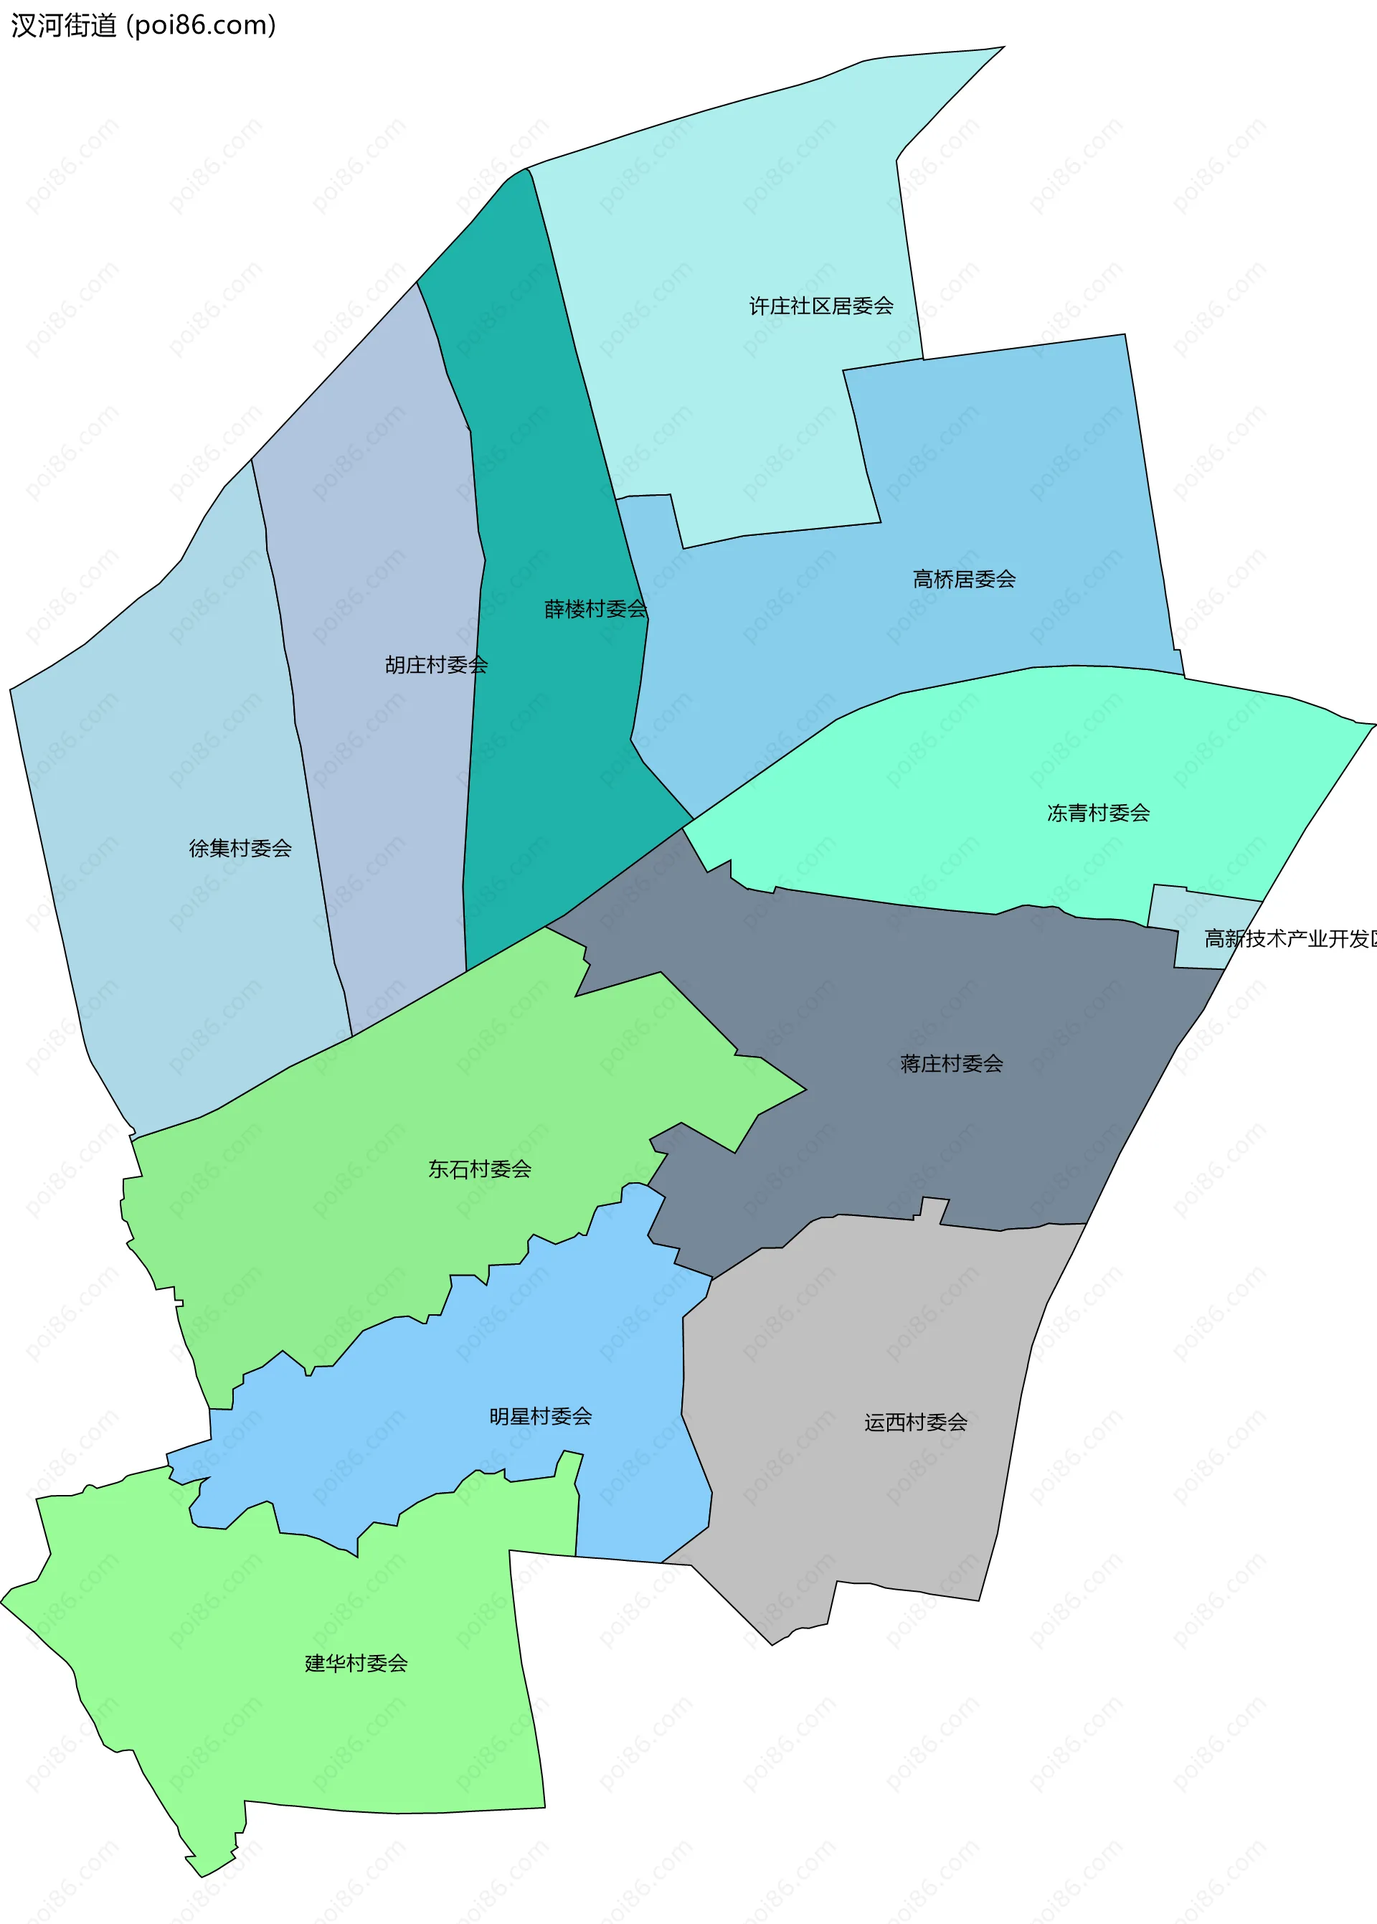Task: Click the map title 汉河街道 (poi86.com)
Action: click(143, 25)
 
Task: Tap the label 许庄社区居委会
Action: click(820, 306)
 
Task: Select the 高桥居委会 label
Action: click(964, 579)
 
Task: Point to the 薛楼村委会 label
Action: click(595, 609)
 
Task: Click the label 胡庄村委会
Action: click(436, 665)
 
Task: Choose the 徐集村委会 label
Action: click(240, 848)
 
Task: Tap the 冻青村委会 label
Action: click(1098, 814)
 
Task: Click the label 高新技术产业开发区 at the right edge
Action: click(1289, 938)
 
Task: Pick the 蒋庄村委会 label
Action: click(952, 1063)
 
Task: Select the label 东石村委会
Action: click(480, 1169)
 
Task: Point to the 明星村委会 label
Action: click(540, 1416)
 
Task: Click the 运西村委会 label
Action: click(916, 1423)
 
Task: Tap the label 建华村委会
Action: click(356, 1664)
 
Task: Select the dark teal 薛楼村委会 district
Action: click(543, 763)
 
